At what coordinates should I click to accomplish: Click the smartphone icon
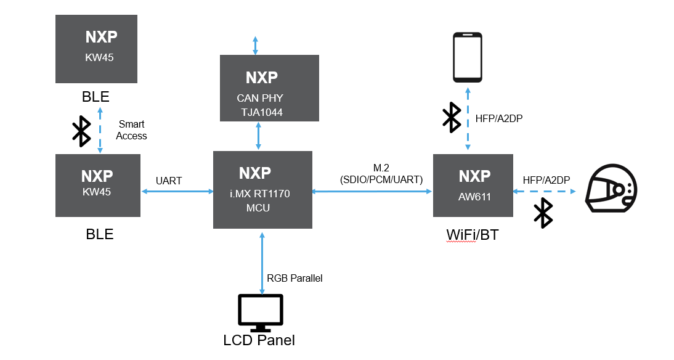(468, 57)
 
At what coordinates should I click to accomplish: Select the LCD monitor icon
(261, 313)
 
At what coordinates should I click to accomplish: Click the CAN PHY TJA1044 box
(269, 88)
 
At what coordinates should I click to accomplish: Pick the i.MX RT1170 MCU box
(262, 189)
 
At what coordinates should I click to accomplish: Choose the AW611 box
(473, 186)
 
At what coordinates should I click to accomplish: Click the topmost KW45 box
(96, 49)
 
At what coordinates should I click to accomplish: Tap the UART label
(169, 181)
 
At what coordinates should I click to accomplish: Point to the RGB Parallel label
(294, 278)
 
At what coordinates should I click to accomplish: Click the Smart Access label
(132, 130)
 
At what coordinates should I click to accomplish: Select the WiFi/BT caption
(472, 235)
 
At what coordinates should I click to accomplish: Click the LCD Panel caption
(259, 340)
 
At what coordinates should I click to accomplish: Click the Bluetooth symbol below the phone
(452, 117)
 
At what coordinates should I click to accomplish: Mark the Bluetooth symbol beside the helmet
(543, 213)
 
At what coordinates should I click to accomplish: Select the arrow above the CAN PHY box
(256, 45)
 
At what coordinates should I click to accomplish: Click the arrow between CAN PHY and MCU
(258, 136)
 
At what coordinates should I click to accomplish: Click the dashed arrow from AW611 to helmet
(548, 192)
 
